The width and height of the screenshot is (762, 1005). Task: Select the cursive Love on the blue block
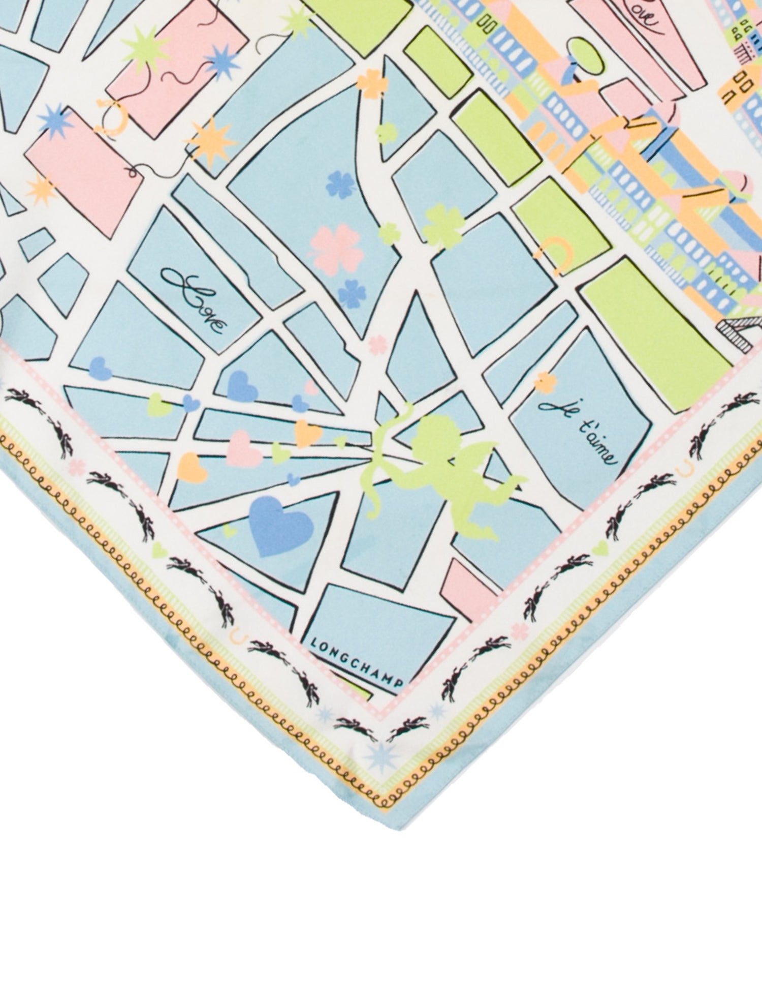[195, 299]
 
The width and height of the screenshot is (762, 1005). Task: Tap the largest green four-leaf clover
[442, 226]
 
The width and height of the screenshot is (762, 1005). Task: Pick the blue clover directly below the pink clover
[351, 295]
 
